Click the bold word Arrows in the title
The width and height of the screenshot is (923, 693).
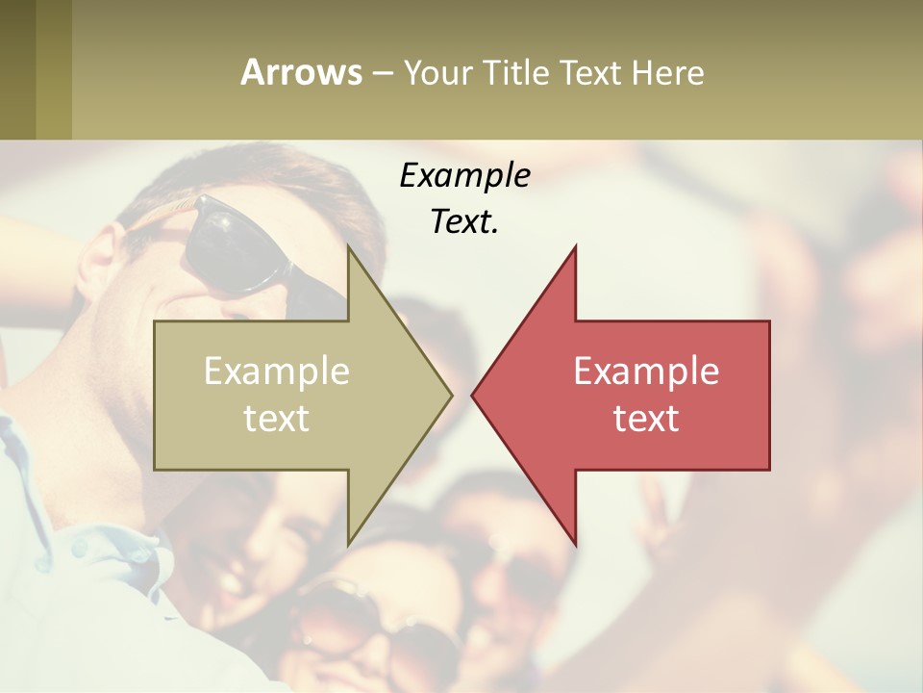tap(302, 72)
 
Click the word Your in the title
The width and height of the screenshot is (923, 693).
tap(438, 72)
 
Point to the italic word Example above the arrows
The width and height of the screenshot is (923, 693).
tap(464, 175)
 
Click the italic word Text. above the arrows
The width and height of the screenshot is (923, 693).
tap(464, 221)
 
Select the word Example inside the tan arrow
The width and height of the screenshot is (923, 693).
tap(277, 371)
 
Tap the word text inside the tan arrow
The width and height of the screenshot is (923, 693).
tap(277, 418)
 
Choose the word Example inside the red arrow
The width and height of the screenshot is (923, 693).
tap(646, 371)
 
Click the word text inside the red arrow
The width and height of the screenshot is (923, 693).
tap(646, 418)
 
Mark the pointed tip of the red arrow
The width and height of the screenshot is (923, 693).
tap(473, 394)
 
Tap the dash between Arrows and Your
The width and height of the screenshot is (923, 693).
tap(382, 73)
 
